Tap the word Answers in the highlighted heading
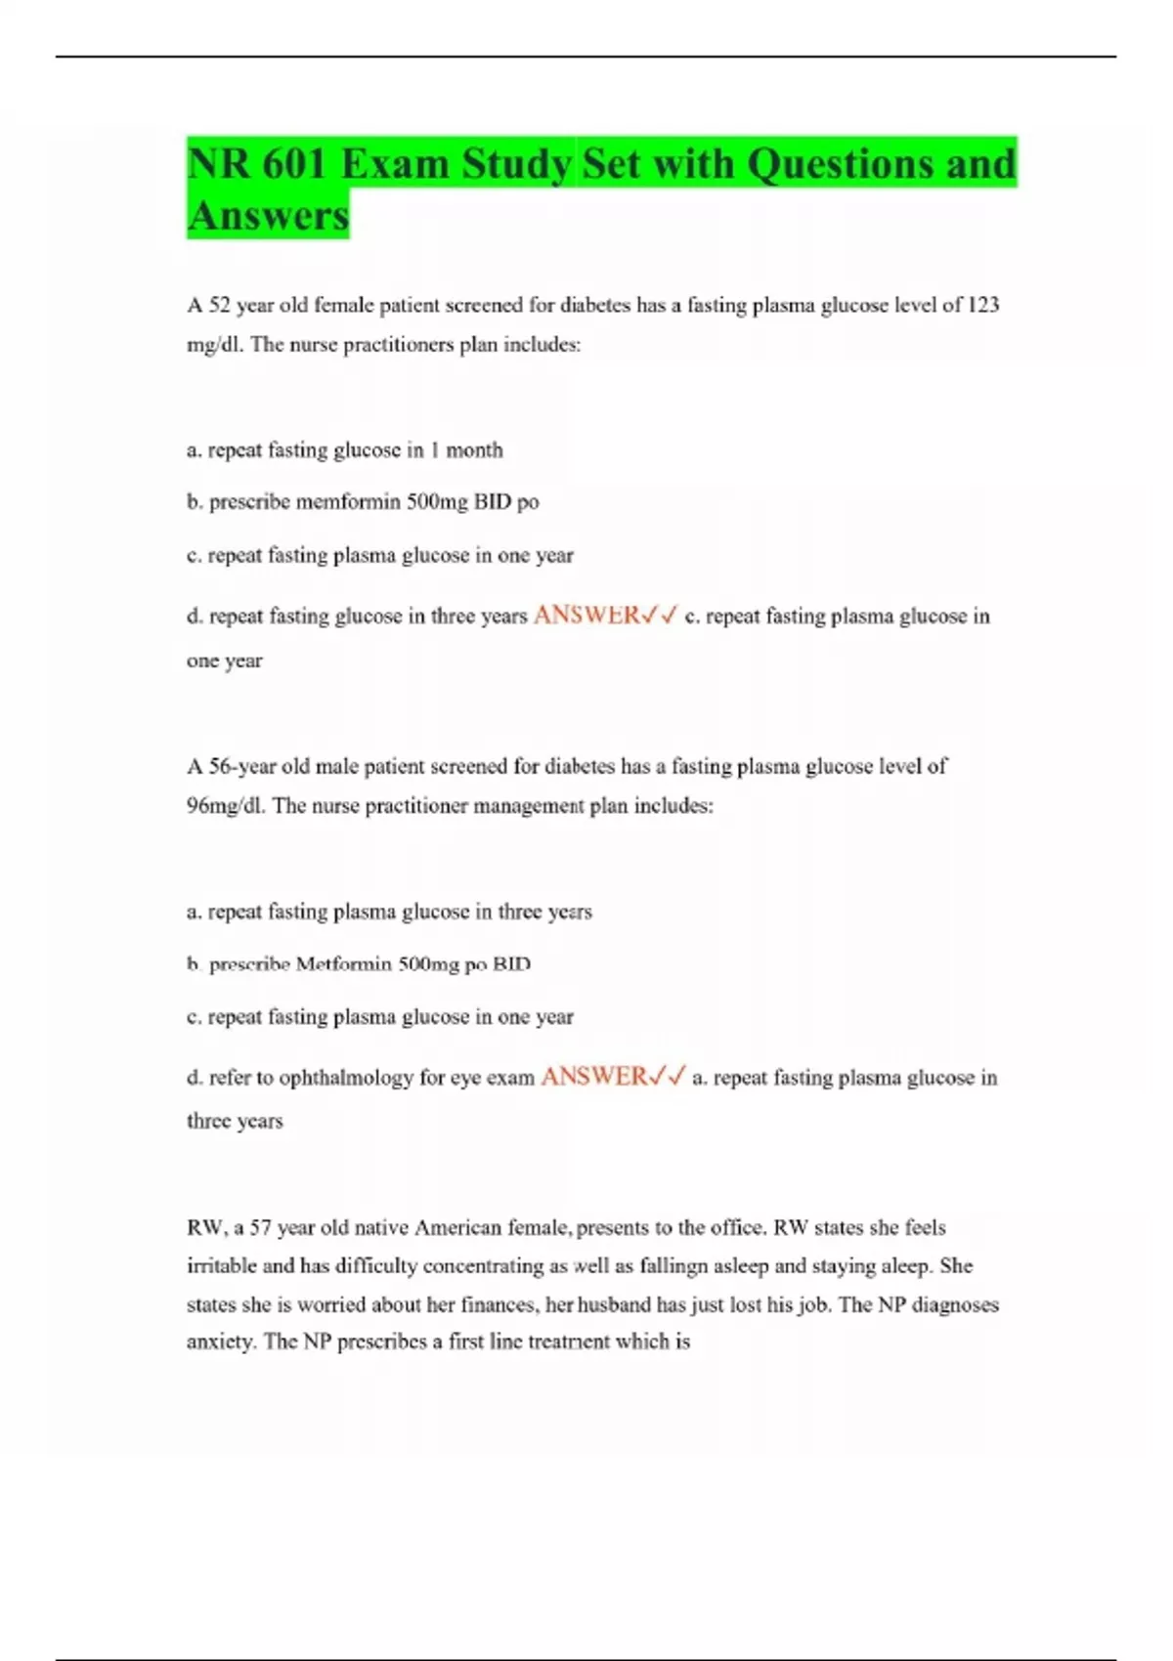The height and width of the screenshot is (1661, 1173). (x=268, y=216)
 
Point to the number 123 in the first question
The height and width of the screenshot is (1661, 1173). (x=982, y=305)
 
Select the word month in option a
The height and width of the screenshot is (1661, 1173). (x=474, y=450)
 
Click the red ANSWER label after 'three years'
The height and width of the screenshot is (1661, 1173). (x=586, y=616)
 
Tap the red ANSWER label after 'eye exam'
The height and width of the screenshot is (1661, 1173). (x=594, y=1077)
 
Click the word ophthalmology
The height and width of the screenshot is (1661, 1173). (x=347, y=1078)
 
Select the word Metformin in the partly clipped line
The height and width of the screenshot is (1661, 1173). (x=343, y=964)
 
